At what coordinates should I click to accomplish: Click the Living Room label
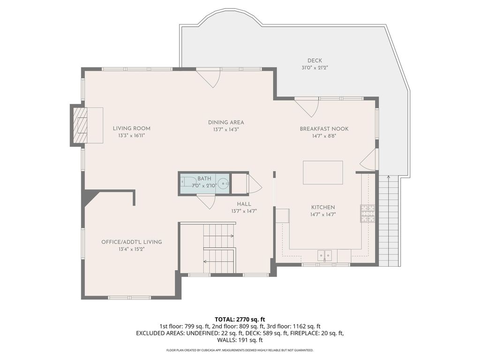click(x=132, y=128)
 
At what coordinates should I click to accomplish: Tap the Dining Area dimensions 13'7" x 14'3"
click(x=226, y=129)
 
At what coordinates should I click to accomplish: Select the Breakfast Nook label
click(x=324, y=129)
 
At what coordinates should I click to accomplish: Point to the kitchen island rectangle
click(x=322, y=172)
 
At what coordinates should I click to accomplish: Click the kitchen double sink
click(x=324, y=255)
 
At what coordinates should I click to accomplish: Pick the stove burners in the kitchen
click(x=367, y=213)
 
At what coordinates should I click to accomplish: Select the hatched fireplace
click(x=80, y=125)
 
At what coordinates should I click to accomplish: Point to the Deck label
click(x=315, y=60)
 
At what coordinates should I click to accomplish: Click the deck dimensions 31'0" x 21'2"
click(x=315, y=68)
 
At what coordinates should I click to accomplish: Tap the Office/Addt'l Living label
click(x=132, y=242)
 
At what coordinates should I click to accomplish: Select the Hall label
click(x=244, y=204)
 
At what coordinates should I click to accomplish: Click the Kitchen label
click(x=323, y=207)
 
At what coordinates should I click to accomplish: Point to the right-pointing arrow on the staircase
click(x=218, y=236)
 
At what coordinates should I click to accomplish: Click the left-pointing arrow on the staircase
click(x=218, y=262)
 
